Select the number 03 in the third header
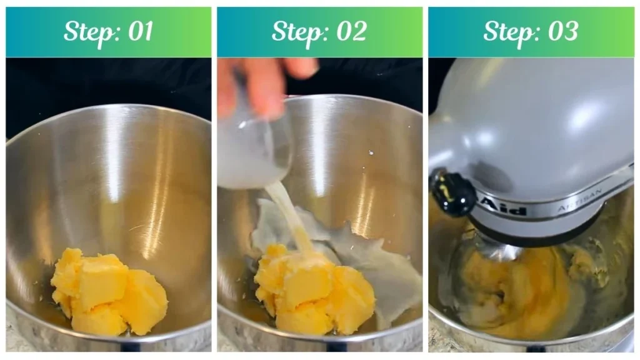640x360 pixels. pos(561,31)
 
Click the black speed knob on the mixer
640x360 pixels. pos(451,192)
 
